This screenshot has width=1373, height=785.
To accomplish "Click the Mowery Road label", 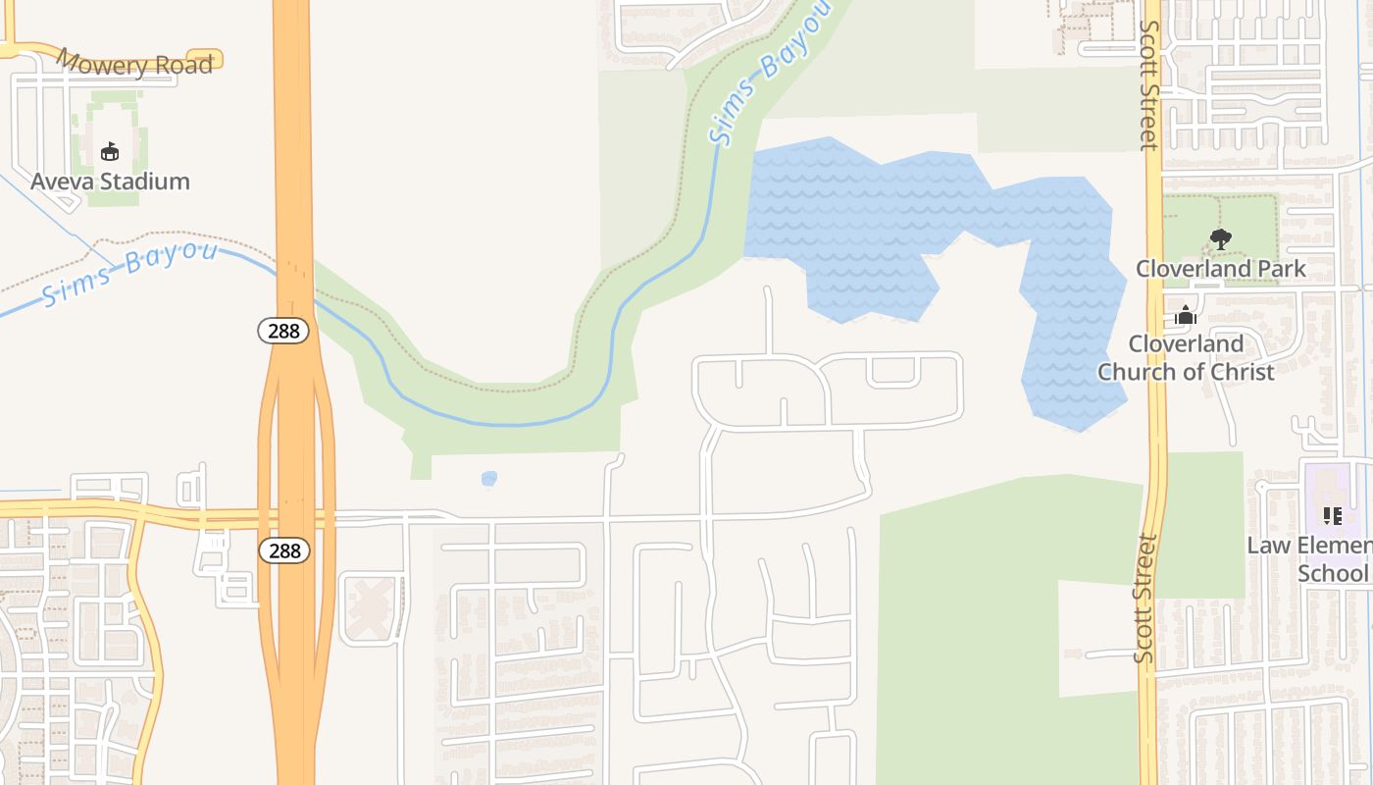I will (x=134, y=64).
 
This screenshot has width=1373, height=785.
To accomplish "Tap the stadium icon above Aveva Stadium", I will (x=110, y=151).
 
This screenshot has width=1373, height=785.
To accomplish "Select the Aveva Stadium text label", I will (x=110, y=182).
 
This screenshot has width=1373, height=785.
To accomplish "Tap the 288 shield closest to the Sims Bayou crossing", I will (x=284, y=331).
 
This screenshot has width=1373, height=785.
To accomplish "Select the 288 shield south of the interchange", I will (x=284, y=550).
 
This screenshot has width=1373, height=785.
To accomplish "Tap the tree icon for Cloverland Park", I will (x=1220, y=238).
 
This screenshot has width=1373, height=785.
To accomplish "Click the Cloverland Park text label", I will (x=1220, y=269).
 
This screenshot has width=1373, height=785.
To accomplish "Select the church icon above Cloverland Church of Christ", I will (x=1186, y=316).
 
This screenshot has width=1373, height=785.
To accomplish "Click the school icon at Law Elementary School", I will (x=1332, y=515).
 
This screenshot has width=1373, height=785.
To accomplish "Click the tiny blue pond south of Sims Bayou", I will (x=489, y=479).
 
